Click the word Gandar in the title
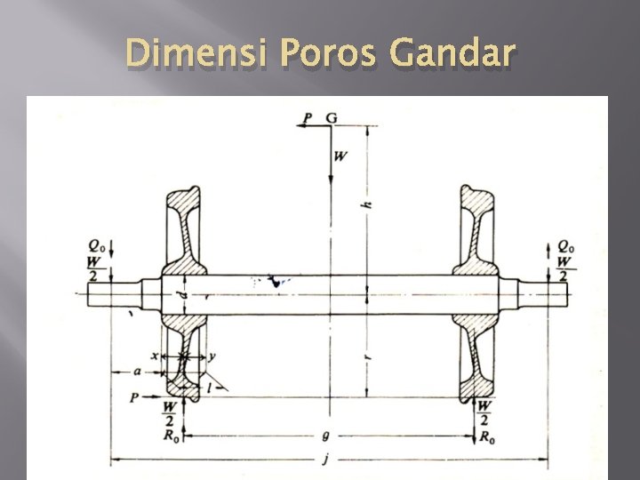[452, 52]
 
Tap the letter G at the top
[332, 118]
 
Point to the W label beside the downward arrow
[340, 156]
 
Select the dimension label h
[368, 204]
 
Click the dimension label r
[368, 356]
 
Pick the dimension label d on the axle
[185, 294]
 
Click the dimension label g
[325, 436]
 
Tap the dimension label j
[325, 460]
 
